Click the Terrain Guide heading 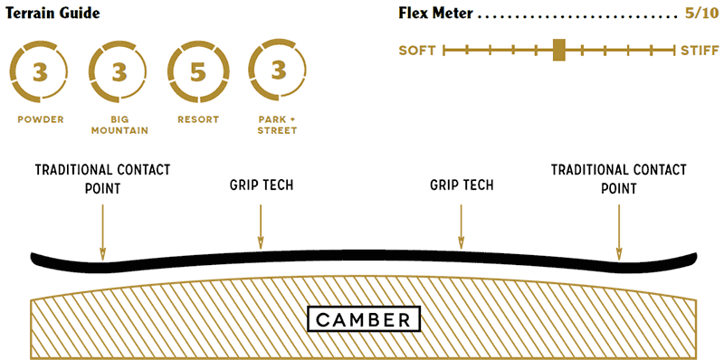click(x=52, y=14)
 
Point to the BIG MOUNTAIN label click(x=119, y=125)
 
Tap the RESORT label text click(x=197, y=119)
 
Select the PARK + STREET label click(x=276, y=125)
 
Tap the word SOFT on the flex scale click(x=417, y=51)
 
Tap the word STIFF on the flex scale click(x=700, y=51)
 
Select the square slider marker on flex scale click(x=559, y=50)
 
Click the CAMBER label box click(x=363, y=319)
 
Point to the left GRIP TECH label click(x=261, y=185)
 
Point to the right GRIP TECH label click(x=462, y=185)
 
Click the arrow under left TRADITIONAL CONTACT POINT click(x=102, y=231)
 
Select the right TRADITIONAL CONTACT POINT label click(x=619, y=179)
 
